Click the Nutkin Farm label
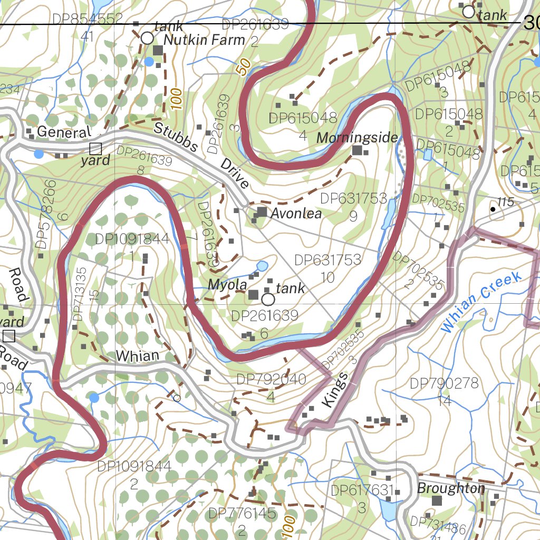click(x=204, y=40)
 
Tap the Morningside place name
click(x=357, y=138)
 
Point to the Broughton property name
click(x=451, y=488)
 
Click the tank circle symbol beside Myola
click(x=268, y=300)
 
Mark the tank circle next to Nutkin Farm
click(x=147, y=38)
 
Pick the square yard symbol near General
click(x=95, y=148)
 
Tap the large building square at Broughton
click(x=437, y=500)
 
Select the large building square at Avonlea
click(x=262, y=212)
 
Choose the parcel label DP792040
click(x=271, y=380)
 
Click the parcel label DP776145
click(x=242, y=513)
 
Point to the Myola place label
click(x=227, y=285)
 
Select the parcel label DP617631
click(x=362, y=490)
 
